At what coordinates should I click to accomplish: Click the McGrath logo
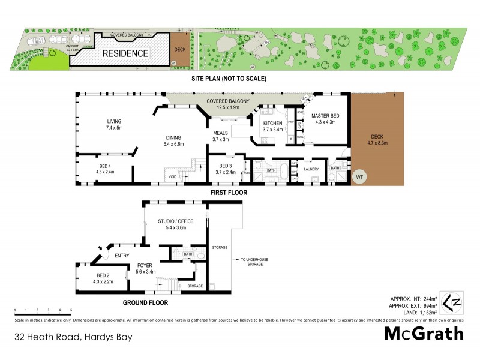point(424,334)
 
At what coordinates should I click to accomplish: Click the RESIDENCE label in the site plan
point(125,53)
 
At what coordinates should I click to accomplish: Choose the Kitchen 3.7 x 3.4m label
point(272,126)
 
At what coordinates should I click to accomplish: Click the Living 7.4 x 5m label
point(114,124)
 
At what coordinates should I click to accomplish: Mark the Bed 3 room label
point(225,169)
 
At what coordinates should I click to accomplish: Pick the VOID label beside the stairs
point(173,176)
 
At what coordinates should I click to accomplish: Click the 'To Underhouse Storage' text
point(253,262)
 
